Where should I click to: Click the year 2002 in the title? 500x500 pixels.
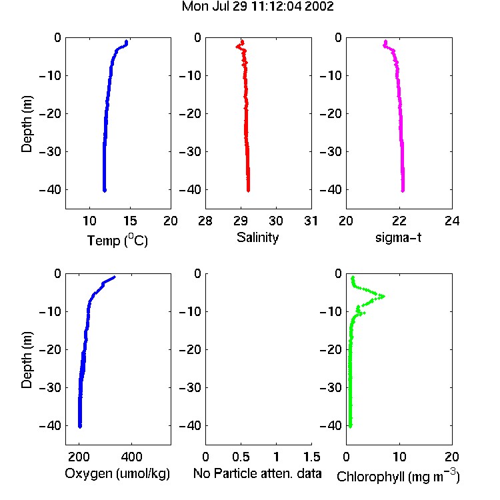319,7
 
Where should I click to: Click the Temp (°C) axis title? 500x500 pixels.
117,240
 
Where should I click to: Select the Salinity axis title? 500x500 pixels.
257,237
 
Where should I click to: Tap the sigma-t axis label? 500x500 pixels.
398,237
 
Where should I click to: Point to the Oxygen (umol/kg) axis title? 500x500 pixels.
117,473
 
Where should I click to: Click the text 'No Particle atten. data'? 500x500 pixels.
257,473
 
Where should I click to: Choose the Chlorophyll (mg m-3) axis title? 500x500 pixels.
398,476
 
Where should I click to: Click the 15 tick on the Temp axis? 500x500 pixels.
130,221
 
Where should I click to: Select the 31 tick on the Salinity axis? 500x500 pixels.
311,221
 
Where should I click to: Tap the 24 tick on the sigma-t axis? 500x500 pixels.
452,221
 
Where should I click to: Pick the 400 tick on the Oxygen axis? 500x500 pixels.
131,457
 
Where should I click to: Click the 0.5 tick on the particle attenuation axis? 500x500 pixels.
241,457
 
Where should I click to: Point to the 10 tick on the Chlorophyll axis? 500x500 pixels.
399,457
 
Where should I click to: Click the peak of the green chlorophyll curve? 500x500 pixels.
383,296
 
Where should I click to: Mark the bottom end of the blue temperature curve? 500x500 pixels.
104,191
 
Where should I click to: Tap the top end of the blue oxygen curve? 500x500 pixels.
114,277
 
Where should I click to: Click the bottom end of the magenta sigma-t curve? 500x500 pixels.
403,191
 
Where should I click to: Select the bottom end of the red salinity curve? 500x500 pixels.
249,191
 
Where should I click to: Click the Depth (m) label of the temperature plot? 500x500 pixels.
27,124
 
